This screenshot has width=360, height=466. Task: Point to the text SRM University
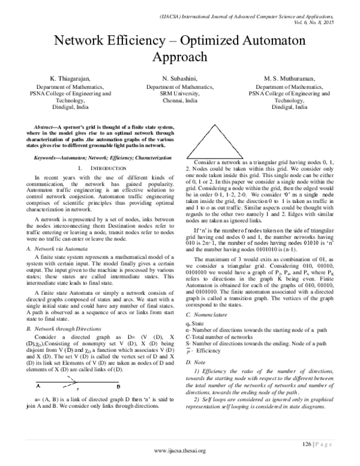[179, 94]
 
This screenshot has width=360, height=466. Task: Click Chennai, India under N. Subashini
[179, 101]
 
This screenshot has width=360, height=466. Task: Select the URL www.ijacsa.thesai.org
[180, 450]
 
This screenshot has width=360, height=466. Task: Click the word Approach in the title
[179, 58]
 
